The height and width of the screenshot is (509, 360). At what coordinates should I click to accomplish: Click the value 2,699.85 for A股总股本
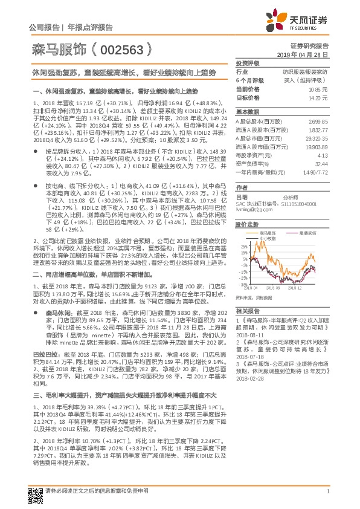pyautogui.click(x=318, y=122)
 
